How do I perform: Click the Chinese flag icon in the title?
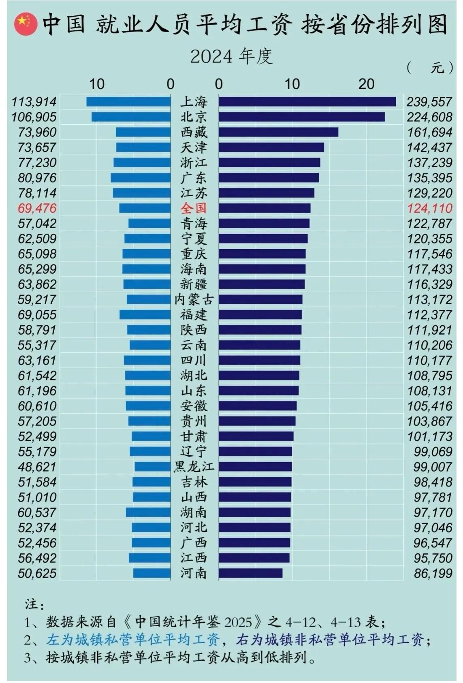click(x=25, y=25)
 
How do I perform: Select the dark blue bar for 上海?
click(x=307, y=101)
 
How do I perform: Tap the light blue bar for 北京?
click(x=131, y=117)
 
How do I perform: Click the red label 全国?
click(x=193, y=208)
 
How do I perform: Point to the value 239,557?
click(x=429, y=102)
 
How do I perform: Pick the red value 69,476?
click(x=37, y=208)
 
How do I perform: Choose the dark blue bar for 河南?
click(x=250, y=573)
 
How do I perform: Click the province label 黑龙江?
click(x=194, y=467)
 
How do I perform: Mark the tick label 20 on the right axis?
click(x=366, y=84)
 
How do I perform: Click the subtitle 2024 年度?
click(x=231, y=56)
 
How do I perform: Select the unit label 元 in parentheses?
click(x=437, y=68)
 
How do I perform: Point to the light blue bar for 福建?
click(x=145, y=315)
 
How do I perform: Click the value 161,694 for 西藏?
click(x=429, y=132)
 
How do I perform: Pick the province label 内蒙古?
click(x=194, y=299)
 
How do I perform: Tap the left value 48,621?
click(x=37, y=467)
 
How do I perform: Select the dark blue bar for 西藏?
click(x=278, y=132)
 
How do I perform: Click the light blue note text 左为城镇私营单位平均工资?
click(x=133, y=640)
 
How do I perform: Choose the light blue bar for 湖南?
click(x=148, y=512)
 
